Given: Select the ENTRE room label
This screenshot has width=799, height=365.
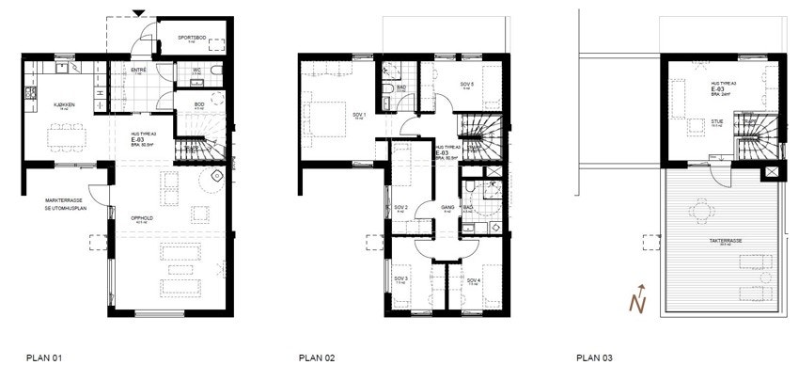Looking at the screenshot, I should pos(136,69).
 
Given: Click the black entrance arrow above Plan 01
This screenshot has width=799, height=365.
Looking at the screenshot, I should pos(139,13).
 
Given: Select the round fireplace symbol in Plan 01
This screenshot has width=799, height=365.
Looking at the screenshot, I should pos(217,176).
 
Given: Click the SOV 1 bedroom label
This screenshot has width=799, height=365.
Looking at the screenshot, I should pos(358,115).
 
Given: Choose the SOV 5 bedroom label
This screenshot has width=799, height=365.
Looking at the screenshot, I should pos(466,84).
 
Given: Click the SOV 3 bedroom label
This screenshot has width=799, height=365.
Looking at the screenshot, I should pos(399,278).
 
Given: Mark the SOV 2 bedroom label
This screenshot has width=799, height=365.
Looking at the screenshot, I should pos(399,207).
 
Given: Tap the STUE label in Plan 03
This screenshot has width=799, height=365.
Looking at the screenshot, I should pos(716,120).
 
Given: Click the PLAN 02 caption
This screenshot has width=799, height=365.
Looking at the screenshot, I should pos(317,357).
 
